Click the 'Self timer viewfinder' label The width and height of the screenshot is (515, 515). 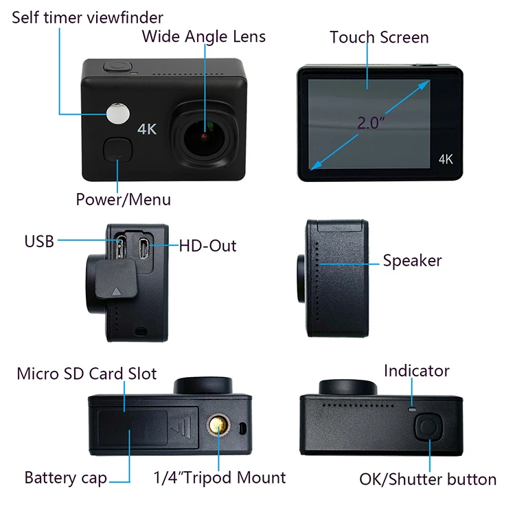[88, 17]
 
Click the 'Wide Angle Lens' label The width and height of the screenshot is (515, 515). [203, 36]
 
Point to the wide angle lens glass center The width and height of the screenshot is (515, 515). [204, 135]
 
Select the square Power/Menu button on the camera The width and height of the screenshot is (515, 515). [118, 149]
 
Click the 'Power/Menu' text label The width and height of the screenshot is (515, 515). [123, 200]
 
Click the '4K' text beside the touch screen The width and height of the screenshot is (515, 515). [446, 159]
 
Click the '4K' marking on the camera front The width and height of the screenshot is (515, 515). [148, 128]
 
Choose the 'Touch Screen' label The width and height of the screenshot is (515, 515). [379, 37]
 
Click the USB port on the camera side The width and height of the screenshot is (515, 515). [119, 245]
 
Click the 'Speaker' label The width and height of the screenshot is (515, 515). [412, 261]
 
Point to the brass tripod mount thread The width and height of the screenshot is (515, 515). [219, 428]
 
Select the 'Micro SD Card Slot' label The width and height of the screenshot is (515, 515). [87, 374]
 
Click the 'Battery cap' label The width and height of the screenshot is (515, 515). [66, 477]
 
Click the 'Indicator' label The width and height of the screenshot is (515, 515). [416, 371]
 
